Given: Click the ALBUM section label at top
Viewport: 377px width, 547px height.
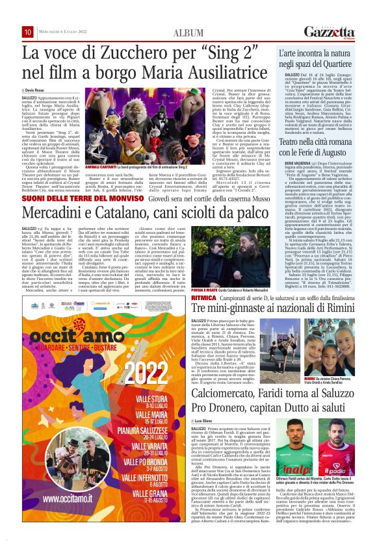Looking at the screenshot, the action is click(188, 33).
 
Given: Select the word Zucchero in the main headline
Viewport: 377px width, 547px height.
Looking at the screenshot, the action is click(131, 51).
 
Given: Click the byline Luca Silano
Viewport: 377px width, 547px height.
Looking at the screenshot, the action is click(206, 403).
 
